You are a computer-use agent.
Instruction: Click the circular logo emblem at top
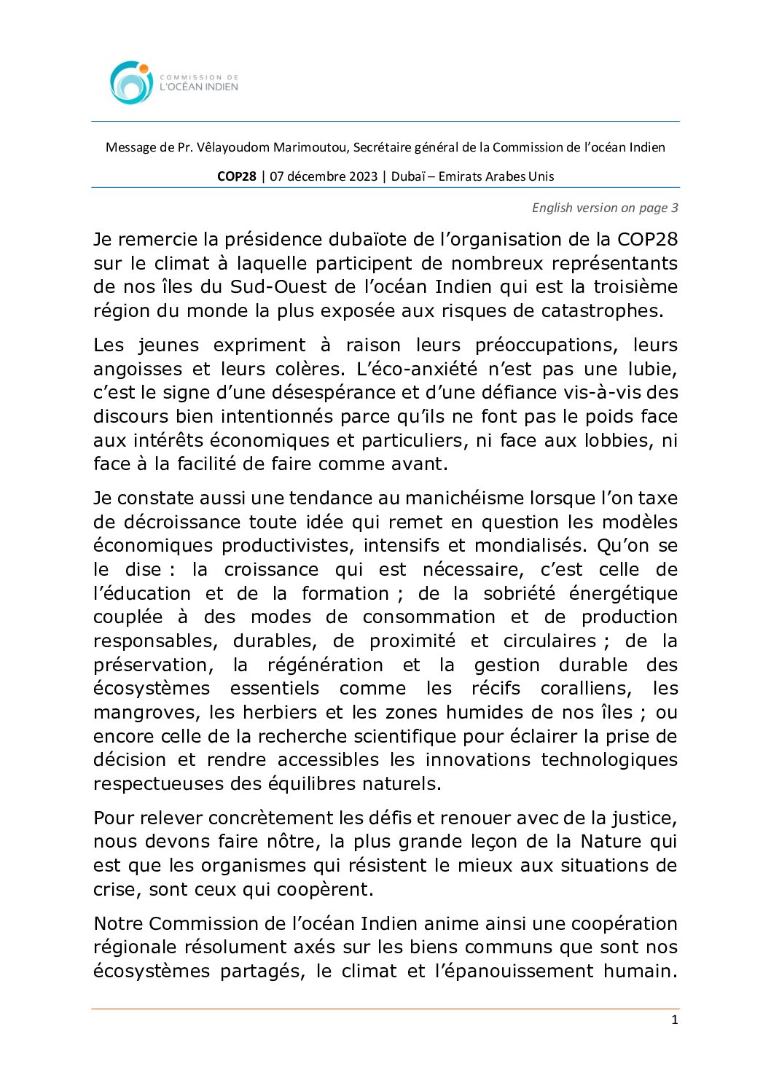(131, 82)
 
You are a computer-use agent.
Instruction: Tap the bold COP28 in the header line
(237, 176)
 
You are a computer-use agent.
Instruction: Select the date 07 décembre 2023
(324, 176)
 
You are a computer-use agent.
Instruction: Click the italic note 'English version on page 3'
(605, 208)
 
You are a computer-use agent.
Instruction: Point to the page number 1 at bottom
(674, 1020)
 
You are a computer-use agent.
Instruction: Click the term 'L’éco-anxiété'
(417, 369)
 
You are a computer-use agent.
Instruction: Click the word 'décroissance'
(182, 523)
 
